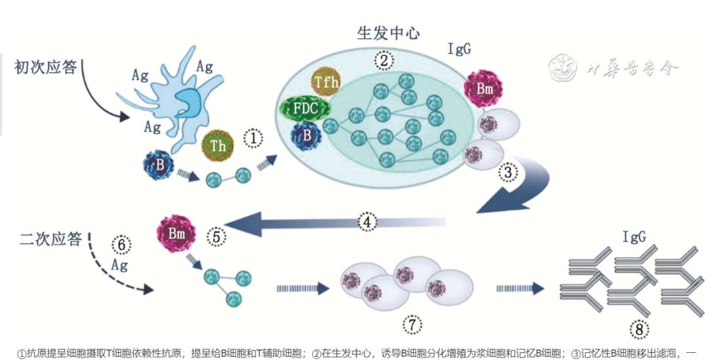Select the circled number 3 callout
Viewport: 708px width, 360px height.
tap(508, 172)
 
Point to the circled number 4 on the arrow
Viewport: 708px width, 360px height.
tap(367, 222)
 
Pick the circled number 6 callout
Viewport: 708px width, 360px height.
tap(121, 244)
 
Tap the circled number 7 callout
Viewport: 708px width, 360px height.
tap(412, 324)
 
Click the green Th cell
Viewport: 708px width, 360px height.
tap(218, 146)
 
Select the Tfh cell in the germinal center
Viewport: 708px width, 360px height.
tap(326, 82)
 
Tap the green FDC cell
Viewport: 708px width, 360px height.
tap(304, 108)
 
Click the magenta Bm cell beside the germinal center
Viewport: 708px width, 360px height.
tap(484, 88)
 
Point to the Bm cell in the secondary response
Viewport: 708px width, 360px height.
tap(174, 234)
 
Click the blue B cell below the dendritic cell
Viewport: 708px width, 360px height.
tap(159, 165)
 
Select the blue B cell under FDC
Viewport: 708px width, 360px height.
tap(306, 136)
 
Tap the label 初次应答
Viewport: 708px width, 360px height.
tap(46, 67)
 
